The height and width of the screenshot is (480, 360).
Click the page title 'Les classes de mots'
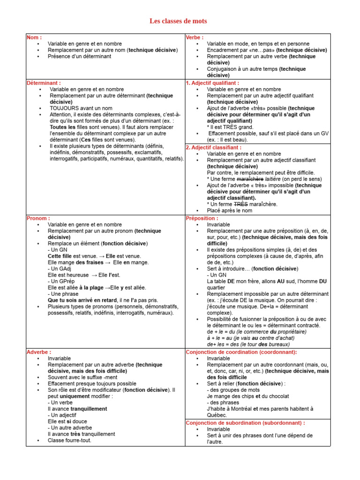178,21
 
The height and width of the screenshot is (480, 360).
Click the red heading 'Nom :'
34,37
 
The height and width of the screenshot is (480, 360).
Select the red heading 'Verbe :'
195,37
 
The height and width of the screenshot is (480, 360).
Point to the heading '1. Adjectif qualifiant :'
212,83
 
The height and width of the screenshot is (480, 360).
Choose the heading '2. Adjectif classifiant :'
214,147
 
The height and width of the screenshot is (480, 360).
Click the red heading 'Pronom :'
38,218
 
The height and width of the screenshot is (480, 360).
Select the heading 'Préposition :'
202,218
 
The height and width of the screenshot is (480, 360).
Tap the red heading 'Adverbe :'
39,352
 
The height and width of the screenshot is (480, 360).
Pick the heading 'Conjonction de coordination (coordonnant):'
241,352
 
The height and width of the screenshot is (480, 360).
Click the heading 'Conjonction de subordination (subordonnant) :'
245,423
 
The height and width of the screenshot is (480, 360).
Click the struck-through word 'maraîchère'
250,179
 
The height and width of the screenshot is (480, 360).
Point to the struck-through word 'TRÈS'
240,204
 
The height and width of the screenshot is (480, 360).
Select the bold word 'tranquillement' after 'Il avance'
88,409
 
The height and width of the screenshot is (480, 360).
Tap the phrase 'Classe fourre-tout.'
69,440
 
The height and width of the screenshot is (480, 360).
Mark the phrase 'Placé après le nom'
230,211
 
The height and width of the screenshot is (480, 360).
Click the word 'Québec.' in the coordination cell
217,415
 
